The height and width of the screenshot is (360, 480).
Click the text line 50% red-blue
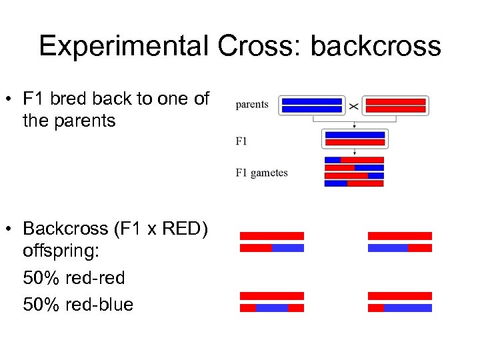(x=78, y=305)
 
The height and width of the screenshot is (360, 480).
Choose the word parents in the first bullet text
(x=86, y=121)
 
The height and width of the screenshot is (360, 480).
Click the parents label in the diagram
(x=252, y=105)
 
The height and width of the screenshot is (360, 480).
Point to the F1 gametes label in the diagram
(x=261, y=173)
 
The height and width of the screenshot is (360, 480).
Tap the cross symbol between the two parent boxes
(x=353, y=106)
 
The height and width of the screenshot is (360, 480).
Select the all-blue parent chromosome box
(x=312, y=105)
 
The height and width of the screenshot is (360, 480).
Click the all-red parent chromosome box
(x=396, y=105)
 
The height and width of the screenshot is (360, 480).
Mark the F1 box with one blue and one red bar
(x=354, y=139)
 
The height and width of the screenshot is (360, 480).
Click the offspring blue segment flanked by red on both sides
(x=272, y=308)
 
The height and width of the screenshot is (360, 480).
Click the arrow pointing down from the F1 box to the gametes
(x=354, y=152)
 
